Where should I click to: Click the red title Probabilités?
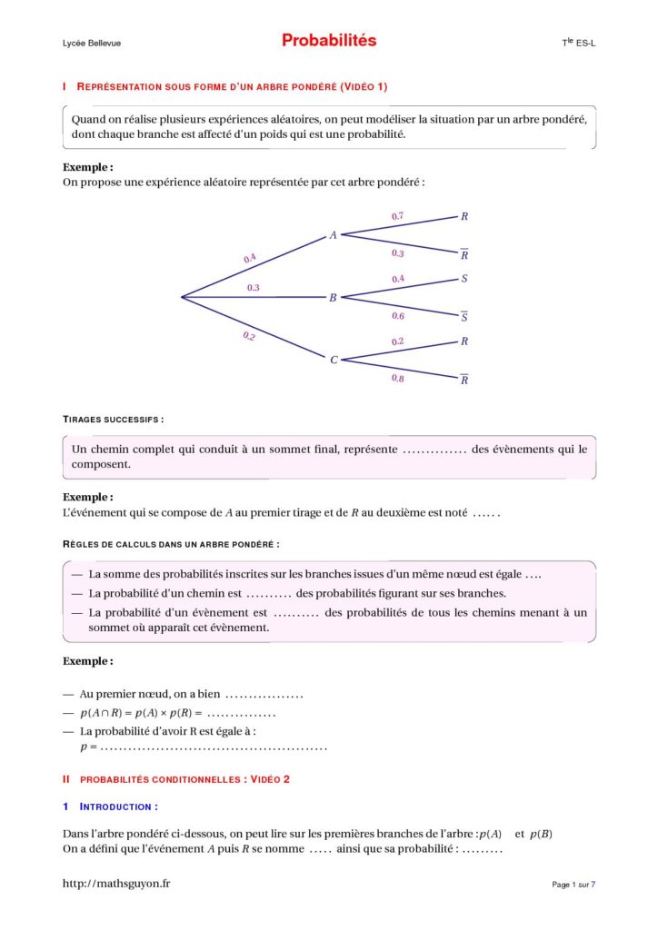click(x=328, y=41)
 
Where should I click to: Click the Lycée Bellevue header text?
click(x=91, y=44)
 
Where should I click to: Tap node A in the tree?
click(x=333, y=235)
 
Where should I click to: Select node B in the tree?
click(x=333, y=298)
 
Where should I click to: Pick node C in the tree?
click(x=334, y=360)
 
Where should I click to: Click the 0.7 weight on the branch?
click(x=397, y=216)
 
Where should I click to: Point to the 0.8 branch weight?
click(x=398, y=378)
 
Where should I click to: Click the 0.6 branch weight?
click(x=398, y=316)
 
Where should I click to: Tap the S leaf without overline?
click(x=464, y=279)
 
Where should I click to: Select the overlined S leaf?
click(x=464, y=317)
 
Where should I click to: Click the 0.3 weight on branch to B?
click(x=254, y=288)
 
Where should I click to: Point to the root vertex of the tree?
click(x=182, y=297)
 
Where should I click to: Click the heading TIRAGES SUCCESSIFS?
click(x=114, y=420)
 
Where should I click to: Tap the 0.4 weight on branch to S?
click(x=398, y=279)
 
